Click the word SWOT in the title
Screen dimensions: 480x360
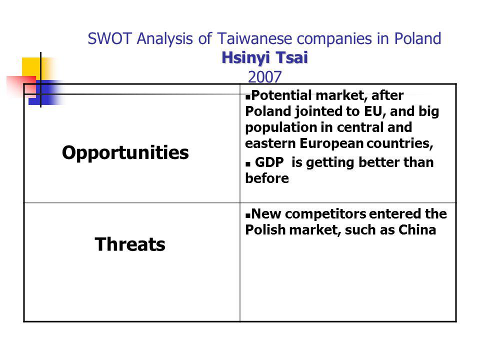[109, 39]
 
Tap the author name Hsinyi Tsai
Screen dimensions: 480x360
[265, 57]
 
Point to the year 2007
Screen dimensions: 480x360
[265, 77]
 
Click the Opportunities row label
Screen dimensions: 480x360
[125, 153]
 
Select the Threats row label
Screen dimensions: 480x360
[130, 244]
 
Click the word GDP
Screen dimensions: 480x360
[269, 162]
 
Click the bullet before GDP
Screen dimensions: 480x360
[248, 164]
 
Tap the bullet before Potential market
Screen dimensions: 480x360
[248, 97]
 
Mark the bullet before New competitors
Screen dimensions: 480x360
[248, 215]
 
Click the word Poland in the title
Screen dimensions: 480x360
[417, 39]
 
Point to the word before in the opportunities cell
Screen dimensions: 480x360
[267, 178]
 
